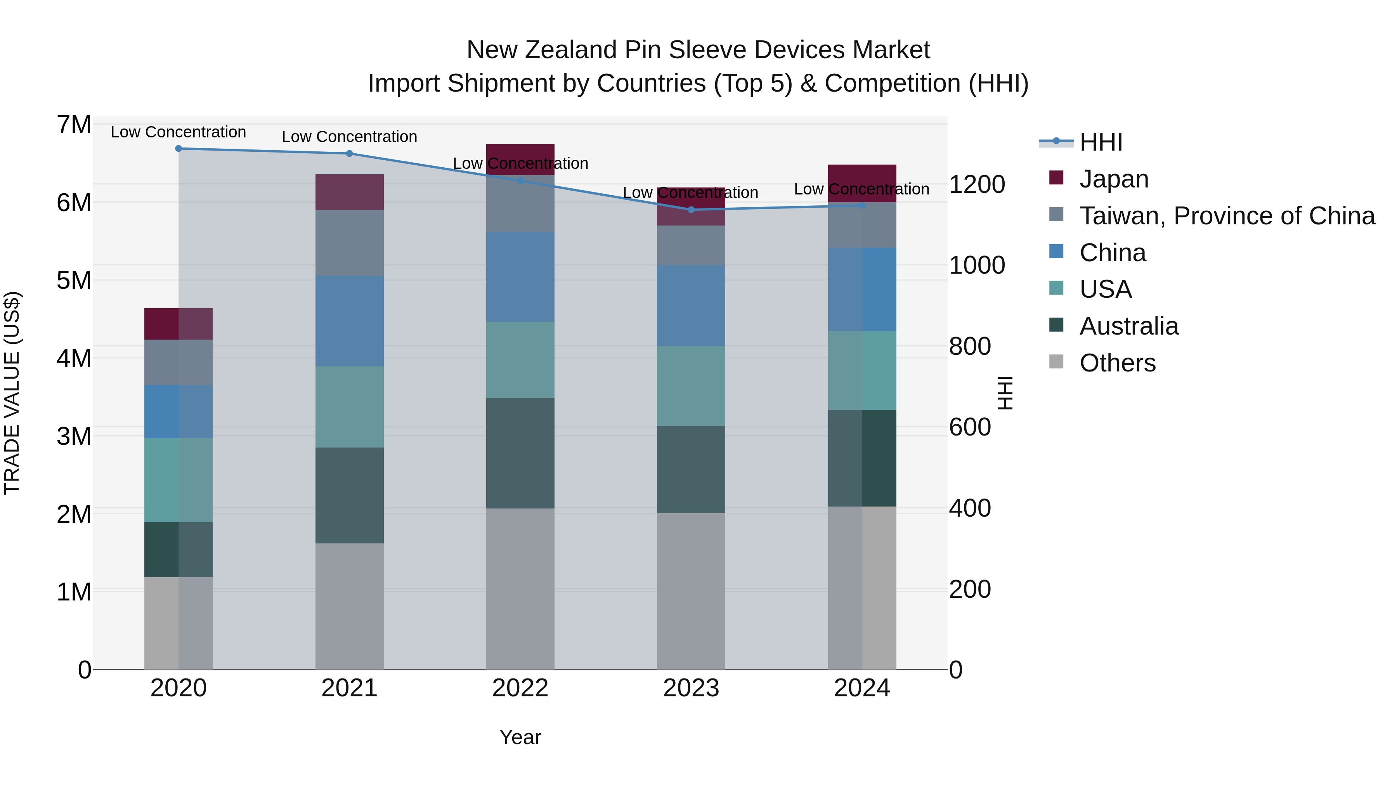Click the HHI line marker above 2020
(x=179, y=148)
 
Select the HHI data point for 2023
(x=691, y=209)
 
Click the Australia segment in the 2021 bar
(x=349, y=495)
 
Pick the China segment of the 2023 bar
(x=691, y=305)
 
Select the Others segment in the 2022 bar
(x=520, y=588)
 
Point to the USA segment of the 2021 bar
(x=349, y=406)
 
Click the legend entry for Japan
(x=1113, y=179)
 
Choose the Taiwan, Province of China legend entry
(x=1227, y=216)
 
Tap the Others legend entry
(x=1117, y=363)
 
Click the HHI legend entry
(x=1101, y=142)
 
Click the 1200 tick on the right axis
(x=977, y=184)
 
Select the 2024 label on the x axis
(x=862, y=688)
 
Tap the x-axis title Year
(x=520, y=737)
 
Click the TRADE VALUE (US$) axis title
(x=12, y=393)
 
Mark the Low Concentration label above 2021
(x=349, y=137)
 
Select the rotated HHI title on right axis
(x=1005, y=393)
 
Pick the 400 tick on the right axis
(x=970, y=508)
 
